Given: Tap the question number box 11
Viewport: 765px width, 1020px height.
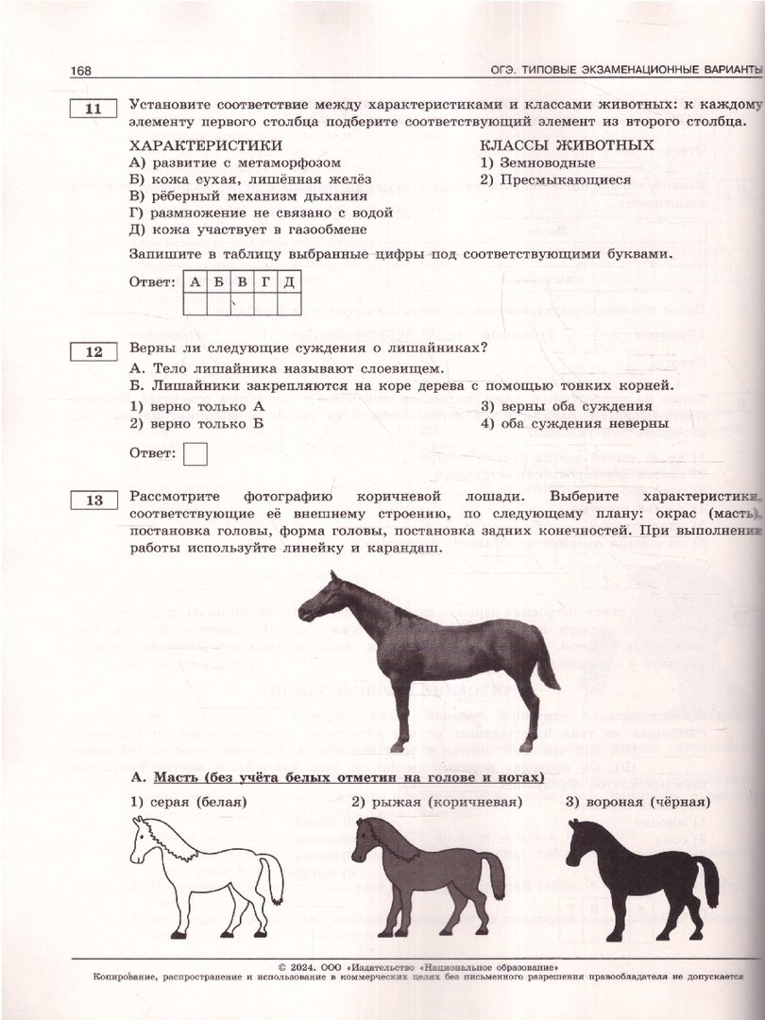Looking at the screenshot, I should point(93,110).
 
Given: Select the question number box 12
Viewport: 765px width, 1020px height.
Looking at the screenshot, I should point(93,352).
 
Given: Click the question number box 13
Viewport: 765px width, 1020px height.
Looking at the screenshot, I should point(93,501).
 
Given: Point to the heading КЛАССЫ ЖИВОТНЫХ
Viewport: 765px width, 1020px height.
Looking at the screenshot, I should point(567,145).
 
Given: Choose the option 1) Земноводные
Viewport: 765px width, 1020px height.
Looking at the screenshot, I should point(537,162).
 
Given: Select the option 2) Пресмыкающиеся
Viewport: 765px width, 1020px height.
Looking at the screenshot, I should point(555,179).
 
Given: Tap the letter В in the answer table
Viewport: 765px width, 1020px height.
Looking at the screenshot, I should point(241,282).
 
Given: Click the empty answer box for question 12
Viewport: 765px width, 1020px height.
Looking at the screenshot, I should point(195,454).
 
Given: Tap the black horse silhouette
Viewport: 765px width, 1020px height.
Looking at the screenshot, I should point(642,874).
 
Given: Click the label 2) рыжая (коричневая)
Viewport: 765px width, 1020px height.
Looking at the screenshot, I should point(437,803).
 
